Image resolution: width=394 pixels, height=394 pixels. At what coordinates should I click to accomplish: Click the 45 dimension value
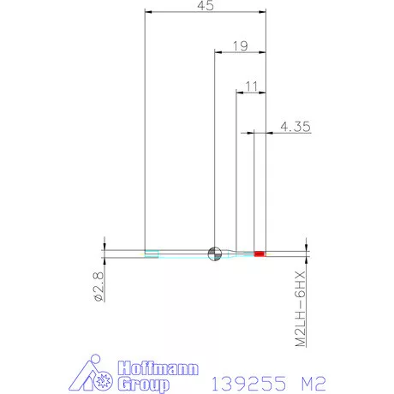(x=206, y=6)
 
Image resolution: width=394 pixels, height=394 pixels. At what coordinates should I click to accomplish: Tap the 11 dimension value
(x=250, y=84)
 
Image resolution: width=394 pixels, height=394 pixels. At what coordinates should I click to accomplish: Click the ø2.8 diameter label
(x=98, y=286)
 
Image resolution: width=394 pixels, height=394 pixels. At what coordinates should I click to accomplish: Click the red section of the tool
(x=260, y=254)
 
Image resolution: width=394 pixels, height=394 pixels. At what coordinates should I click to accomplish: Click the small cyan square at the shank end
(x=152, y=253)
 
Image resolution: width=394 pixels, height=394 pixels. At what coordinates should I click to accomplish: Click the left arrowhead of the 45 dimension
(x=149, y=13)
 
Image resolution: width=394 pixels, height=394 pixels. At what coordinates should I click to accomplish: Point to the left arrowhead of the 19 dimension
(x=217, y=52)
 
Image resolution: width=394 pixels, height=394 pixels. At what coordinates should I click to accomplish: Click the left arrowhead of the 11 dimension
(x=240, y=92)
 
